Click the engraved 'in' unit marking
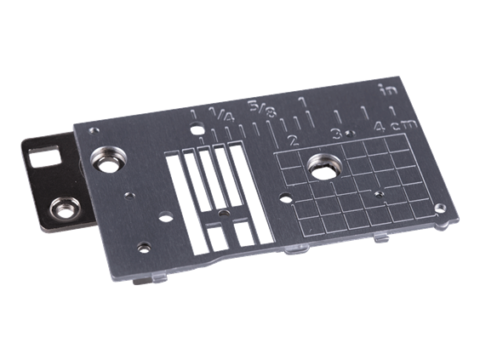pyautogui.click(x=386, y=89)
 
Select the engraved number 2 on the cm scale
pyautogui.click(x=293, y=139)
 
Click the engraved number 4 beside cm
pyautogui.click(x=378, y=127)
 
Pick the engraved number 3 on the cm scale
pyautogui.click(x=337, y=133)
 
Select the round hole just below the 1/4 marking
pyautogui.click(x=197, y=132)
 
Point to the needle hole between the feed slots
pyautogui.click(x=224, y=209)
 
